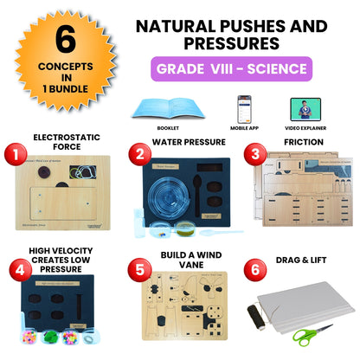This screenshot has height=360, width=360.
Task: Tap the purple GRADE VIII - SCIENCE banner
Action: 232,68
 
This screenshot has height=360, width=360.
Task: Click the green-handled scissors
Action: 314,332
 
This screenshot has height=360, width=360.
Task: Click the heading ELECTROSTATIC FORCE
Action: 67,141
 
